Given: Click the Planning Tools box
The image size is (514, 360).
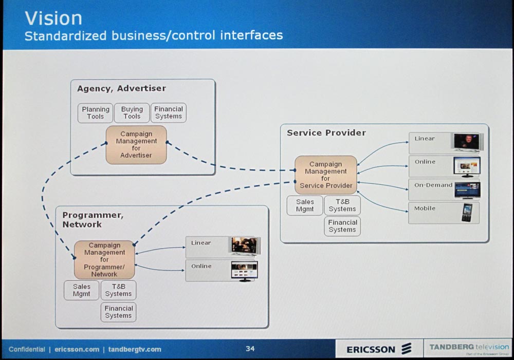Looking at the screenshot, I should (95, 113).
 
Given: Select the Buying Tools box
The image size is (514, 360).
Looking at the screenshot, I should (132, 113).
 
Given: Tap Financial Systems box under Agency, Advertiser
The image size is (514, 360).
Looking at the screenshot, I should (169, 113).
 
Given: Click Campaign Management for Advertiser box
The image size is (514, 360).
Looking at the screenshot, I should (136, 145).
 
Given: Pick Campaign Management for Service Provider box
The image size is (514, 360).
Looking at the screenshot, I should (325, 175).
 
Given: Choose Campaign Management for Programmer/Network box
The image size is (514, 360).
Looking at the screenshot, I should (104, 260).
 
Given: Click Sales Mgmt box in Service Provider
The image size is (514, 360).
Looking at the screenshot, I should (305, 205).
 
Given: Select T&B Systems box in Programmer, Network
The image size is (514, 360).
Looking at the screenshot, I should (118, 290).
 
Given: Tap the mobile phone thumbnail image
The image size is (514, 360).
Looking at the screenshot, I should (467, 213).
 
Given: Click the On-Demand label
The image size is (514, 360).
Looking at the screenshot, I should (433, 185).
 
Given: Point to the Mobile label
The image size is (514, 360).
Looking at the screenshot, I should (425, 209).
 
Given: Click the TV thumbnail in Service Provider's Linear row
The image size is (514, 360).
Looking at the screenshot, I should (466, 142).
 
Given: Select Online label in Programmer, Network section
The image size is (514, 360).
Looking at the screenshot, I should (201, 266).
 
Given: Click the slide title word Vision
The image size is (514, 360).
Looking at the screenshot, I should (53, 18).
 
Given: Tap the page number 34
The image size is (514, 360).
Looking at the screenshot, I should (250, 349).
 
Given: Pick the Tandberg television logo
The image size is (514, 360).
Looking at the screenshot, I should (469, 348).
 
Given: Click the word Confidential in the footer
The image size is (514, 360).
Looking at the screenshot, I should (27, 350).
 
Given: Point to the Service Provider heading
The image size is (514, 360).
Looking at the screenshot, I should (326, 133).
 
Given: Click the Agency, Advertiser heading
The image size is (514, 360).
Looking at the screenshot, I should (121, 88).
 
